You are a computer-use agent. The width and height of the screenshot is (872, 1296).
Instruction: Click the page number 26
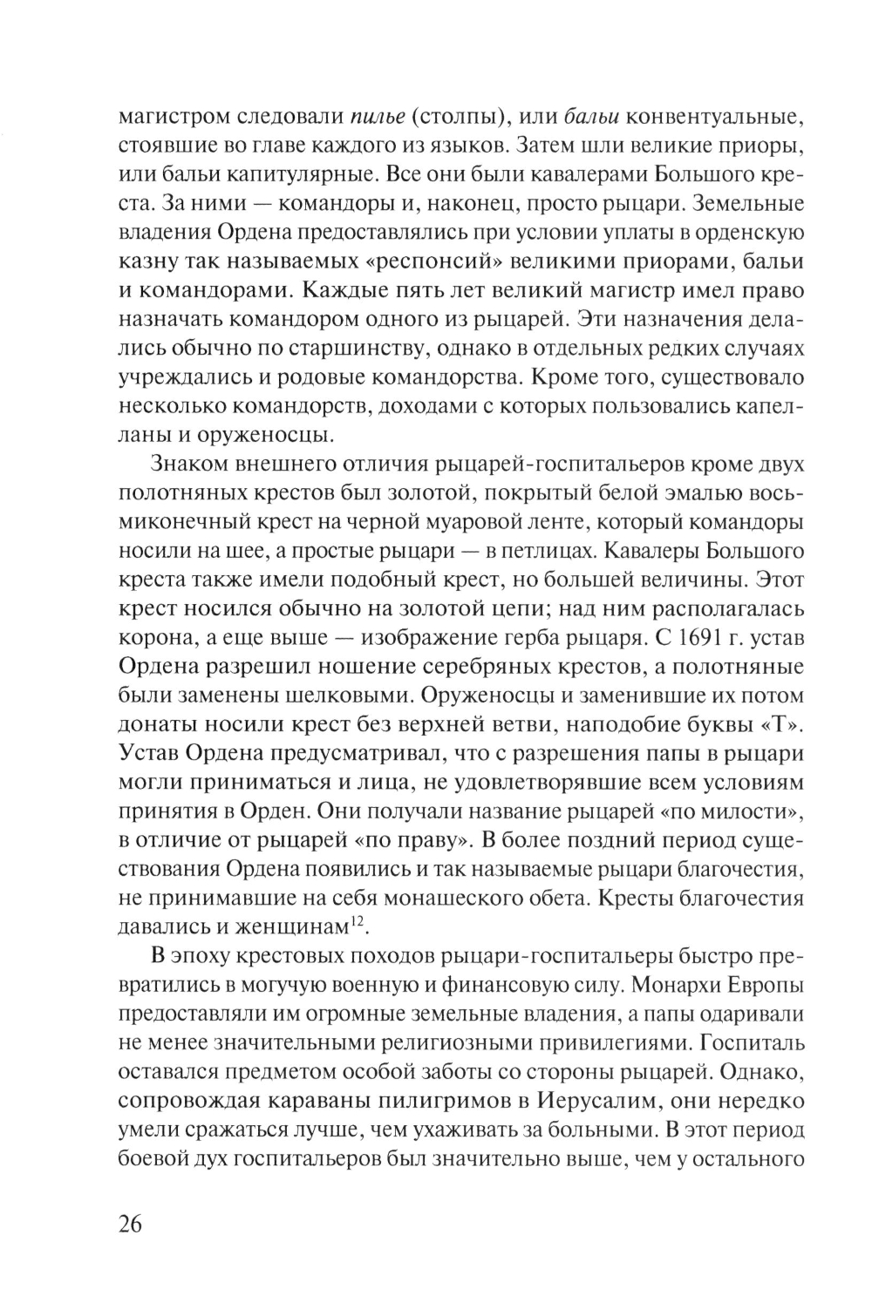[128, 1223]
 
